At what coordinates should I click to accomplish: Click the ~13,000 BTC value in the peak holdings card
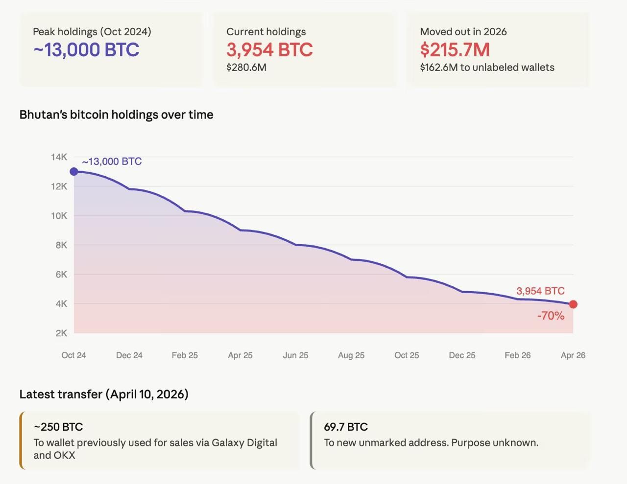(86, 50)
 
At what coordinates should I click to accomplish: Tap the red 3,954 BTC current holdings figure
(269, 50)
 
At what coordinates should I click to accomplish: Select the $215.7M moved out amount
(455, 50)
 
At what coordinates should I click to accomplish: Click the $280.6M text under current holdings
(246, 68)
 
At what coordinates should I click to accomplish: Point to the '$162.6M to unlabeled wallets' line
(487, 68)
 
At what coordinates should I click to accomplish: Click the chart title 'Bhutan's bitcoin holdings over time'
(116, 115)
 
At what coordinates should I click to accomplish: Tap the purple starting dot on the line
(74, 171)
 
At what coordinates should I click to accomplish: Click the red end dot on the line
(573, 304)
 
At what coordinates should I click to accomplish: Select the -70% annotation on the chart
(551, 316)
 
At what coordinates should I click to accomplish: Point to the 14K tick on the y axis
(59, 157)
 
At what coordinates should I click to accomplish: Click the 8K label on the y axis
(61, 245)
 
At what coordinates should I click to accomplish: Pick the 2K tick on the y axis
(61, 333)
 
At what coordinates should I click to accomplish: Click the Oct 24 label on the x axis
(73, 355)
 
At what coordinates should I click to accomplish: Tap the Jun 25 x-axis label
(295, 355)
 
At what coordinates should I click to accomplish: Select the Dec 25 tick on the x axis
(462, 355)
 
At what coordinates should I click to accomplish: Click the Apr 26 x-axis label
(573, 355)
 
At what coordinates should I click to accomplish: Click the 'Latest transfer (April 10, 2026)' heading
(104, 394)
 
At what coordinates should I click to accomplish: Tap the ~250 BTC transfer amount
(58, 427)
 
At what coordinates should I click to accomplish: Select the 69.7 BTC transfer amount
(346, 427)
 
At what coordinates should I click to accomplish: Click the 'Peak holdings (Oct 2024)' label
(92, 32)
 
